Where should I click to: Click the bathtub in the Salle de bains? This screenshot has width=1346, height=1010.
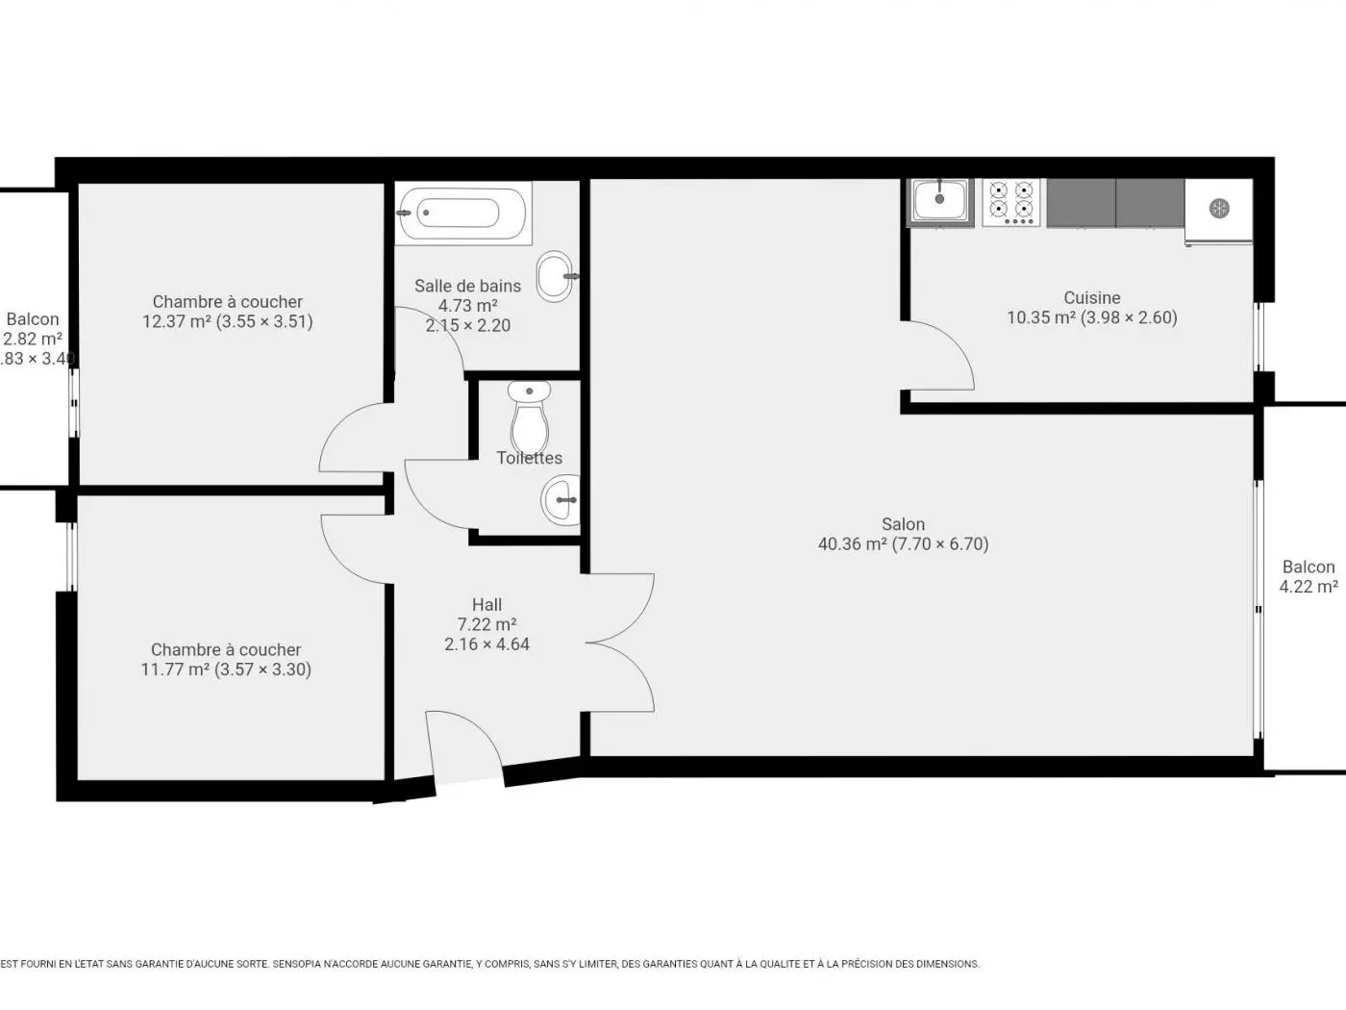pyautogui.click(x=462, y=213)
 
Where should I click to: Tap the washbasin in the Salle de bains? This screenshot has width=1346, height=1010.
pyautogui.click(x=555, y=276)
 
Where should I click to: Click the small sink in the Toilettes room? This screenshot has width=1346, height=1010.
pyautogui.click(x=561, y=501)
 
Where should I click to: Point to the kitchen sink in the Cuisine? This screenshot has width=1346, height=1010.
pyautogui.click(x=940, y=201)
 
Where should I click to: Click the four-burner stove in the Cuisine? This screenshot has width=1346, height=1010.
pyautogui.click(x=1011, y=201)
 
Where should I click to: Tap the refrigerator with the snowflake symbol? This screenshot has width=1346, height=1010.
pyautogui.click(x=1219, y=209)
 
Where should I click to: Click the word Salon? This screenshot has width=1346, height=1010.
pyautogui.click(x=903, y=524)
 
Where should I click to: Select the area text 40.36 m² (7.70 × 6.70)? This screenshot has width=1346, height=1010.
pyautogui.click(x=903, y=544)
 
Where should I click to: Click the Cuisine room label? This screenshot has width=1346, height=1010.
pyautogui.click(x=1091, y=298)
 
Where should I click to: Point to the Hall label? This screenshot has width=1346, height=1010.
pyautogui.click(x=486, y=605)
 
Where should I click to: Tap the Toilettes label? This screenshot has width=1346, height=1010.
pyautogui.click(x=529, y=458)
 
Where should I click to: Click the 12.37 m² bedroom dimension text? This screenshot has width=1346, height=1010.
pyautogui.click(x=227, y=322)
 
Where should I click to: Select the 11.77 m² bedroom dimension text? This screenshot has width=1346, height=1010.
pyautogui.click(x=226, y=669)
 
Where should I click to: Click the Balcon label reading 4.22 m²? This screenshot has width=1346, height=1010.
pyautogui.click(x=1308, y=587)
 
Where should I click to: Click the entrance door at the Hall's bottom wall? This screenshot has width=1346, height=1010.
pyautogui.click(x=464, y=750)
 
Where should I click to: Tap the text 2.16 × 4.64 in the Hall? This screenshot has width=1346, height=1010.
pyautogui.click(x=486, y=644)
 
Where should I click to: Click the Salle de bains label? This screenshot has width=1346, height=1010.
pyautogui.click(x=467, y=286)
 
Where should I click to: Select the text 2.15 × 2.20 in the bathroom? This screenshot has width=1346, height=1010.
pyautogui.click(x=467, y=326)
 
